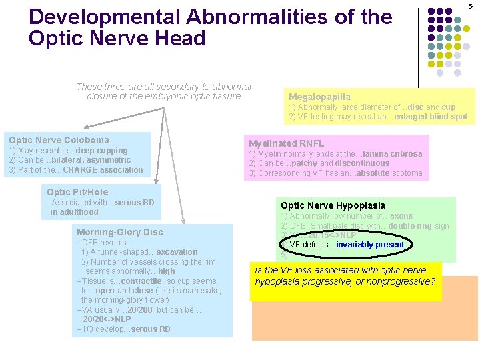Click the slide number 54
(x=472, y=6)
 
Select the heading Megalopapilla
(x=319, y=97)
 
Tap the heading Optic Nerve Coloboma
(x=59, y=140)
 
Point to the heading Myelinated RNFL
(x=286, y=143)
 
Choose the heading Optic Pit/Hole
(x=77, y=192)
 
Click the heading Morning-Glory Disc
(x=119, y=232)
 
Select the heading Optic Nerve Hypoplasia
(x=333, y=205)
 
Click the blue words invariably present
(x=370, y=245)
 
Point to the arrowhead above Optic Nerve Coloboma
(x=86, y=127)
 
